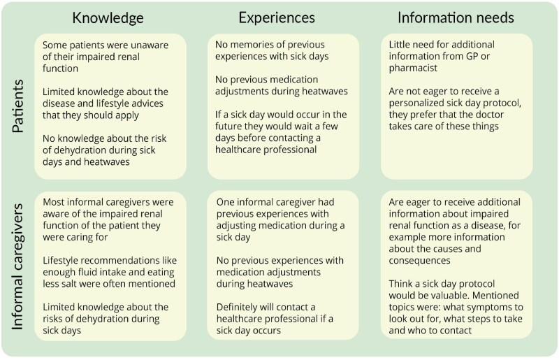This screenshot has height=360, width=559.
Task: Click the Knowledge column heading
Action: pyautogui.click(x=108, y=17)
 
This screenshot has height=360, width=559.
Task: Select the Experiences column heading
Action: pyautogui.click(x=277, y=17)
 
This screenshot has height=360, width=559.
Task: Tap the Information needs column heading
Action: pyautogui.click(x=455, y=17)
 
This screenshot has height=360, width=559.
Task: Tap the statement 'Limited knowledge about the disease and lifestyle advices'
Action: pyautogui.click(x=106, y=103)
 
